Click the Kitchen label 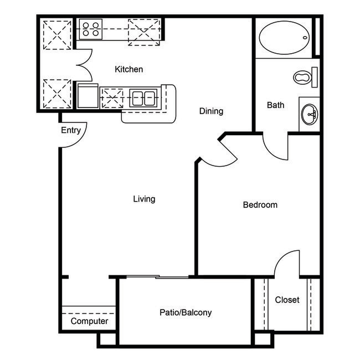click(x=129, y=69)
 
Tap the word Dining click(x=211, y=111)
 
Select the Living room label click(x=144, y=199)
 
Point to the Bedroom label click(x=260, y=205)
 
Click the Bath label click(x=275, y=105)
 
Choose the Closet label click(x=287, y=300)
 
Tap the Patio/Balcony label click(x=186, y=312)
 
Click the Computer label click(x=89, y=321)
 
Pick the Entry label click(x=71, y=131)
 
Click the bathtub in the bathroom click(x=283, y=37)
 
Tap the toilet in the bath click(x=303, y=77)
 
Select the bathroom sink click(x=309, y=115)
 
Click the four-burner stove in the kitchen click(x=90, y=29)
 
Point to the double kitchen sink click(x=143, y=98)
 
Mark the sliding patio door click(x=157, y=276)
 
